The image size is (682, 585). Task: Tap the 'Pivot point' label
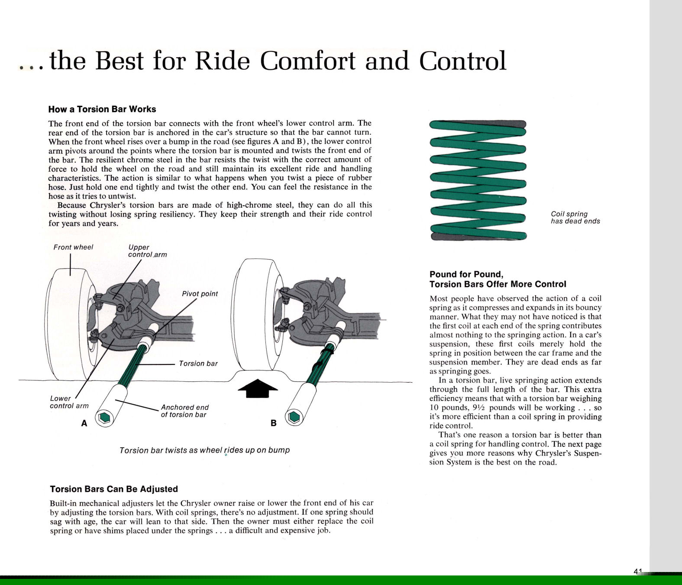point(200,294)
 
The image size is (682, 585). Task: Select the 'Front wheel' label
point(73,247)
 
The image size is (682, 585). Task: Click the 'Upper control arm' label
point(147,251)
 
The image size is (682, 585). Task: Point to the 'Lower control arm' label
point(69,402)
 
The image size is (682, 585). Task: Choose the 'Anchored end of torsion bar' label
point(184,411)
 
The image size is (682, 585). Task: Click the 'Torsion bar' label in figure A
point(198,364)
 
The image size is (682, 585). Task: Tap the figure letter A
point(84,423)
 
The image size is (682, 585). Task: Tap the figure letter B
point(273,423)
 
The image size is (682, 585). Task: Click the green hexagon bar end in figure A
point(104,418)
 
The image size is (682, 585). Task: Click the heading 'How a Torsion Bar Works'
point(102,109)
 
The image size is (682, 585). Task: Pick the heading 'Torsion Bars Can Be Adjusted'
point(114,489)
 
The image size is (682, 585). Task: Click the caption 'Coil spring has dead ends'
point(575,218)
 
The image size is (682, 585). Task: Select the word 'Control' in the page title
point(462,61)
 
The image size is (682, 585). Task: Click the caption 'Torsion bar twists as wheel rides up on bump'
point(204,450)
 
